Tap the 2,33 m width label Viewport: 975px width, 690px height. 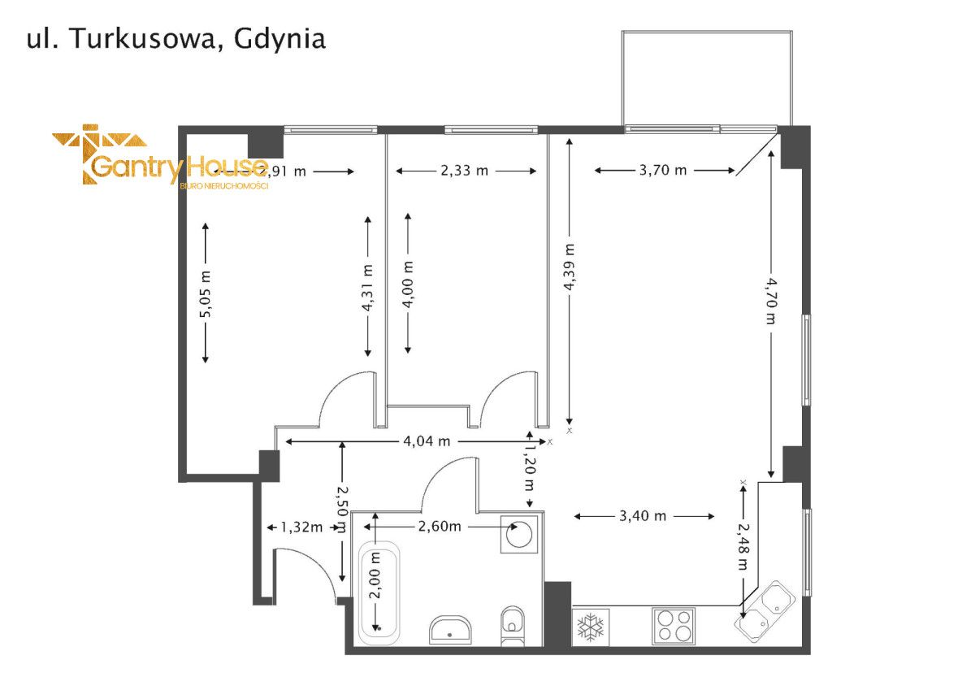466,171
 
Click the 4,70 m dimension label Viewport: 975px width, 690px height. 770,300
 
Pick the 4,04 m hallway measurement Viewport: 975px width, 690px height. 427,441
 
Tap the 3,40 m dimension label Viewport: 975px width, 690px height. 643,516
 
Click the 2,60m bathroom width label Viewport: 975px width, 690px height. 440,527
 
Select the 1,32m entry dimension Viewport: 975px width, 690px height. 301,527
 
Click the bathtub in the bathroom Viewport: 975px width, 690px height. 379,592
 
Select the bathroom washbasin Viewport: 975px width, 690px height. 451,629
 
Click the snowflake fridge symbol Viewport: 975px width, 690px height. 591,627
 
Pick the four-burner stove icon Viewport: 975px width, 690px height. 674,626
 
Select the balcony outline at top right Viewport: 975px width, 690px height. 706,78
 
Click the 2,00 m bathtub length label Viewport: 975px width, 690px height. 375,575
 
